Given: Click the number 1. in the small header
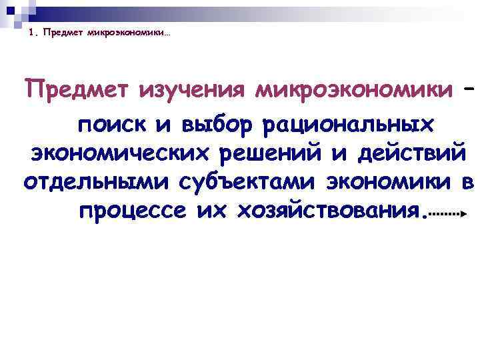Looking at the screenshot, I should pos(34,35).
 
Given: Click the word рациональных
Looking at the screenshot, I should pos(349,125).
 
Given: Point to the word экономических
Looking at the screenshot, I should pos(119,154).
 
